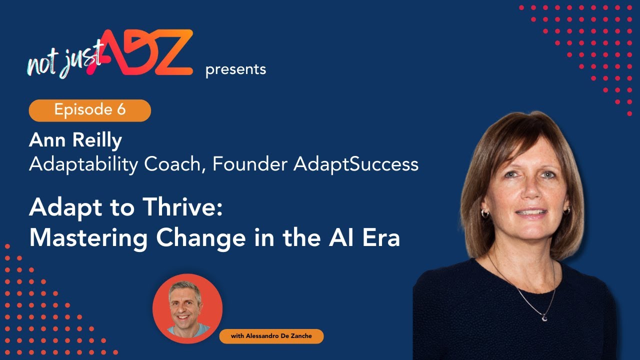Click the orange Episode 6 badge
(x=90, y=110)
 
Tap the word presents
(x=235, y=70)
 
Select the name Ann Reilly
(x=75, y=141)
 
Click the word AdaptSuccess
(x=356, y=164)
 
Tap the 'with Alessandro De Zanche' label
(x=271, y=336)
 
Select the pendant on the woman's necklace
(x=543, y=316)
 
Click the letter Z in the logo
(x=169, y=53)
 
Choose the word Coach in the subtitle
(x=174, y=164)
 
